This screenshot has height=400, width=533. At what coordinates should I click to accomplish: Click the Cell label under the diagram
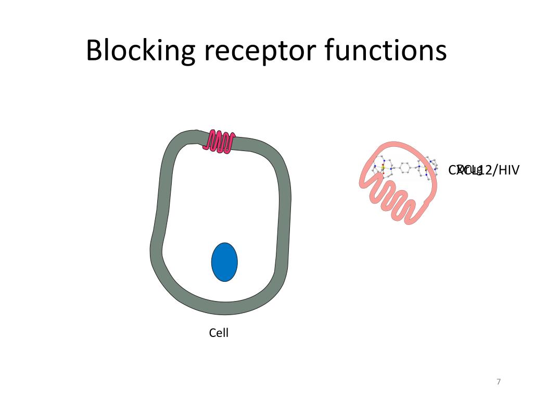[x=219, y=333]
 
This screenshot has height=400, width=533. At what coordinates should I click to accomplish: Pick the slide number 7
[x=499, y=382]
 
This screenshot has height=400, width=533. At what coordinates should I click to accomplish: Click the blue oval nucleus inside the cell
[x=224, y=262]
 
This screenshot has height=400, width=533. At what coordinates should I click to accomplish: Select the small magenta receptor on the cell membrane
[x=220, y=141]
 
